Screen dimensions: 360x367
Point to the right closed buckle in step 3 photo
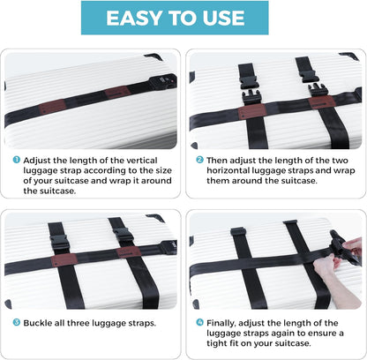point(123,236)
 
